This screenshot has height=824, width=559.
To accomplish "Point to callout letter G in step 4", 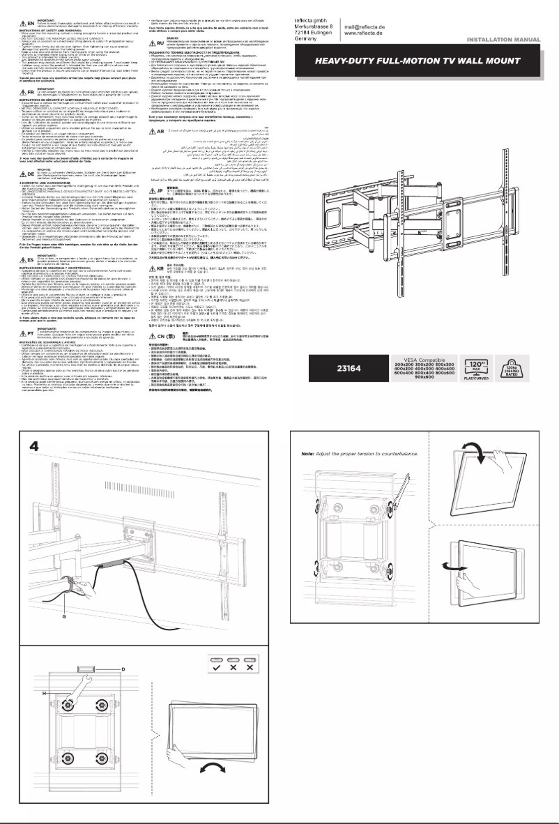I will coord(65,577).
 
